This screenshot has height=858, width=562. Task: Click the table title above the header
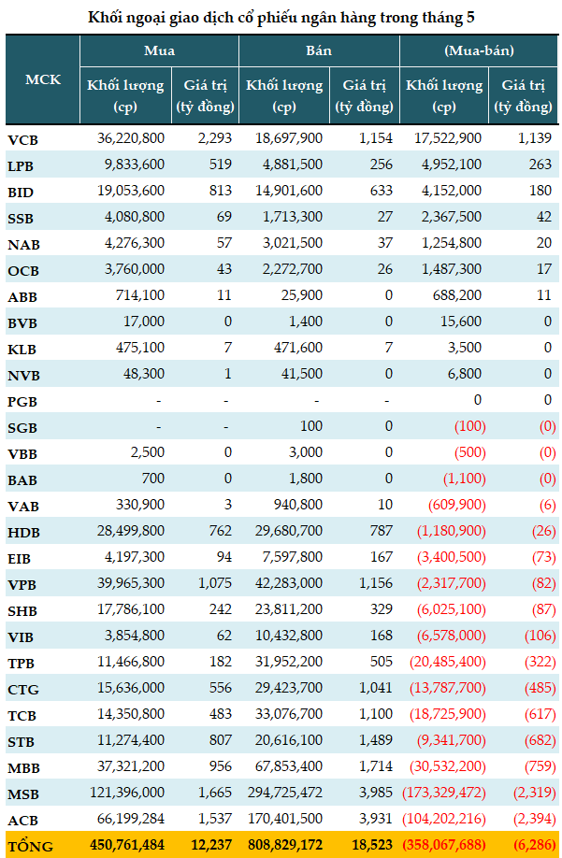click(x=281, y=18)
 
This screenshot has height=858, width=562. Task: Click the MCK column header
click(x=43, y=79)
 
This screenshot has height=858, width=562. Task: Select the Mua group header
click(x=159, y=50)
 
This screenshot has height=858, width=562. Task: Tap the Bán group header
click(x=319, y=50)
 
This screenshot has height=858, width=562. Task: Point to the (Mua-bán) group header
click(x=479, y=50)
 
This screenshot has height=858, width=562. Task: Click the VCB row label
click(x=23, y=140)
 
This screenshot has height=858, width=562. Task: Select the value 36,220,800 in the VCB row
click(x=131, y=138)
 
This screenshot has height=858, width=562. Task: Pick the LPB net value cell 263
click(x=540, y=164)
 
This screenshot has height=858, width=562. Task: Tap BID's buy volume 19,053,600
click(x=131, y=191)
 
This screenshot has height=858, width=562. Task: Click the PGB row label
click(x=22, y=402)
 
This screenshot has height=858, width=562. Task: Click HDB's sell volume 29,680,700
click(x=289, y=531)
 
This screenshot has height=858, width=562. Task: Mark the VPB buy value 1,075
click(x=215, y=583)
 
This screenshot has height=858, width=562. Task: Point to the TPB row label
click(x=22, y=664)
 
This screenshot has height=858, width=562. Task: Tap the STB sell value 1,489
click(x=376, y=740)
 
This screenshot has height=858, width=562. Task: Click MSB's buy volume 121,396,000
click(x=127, y=793)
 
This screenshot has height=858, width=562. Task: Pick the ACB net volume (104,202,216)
click(x=444, y=819)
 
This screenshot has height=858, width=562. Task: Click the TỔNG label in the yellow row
click(x=31, y=846)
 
